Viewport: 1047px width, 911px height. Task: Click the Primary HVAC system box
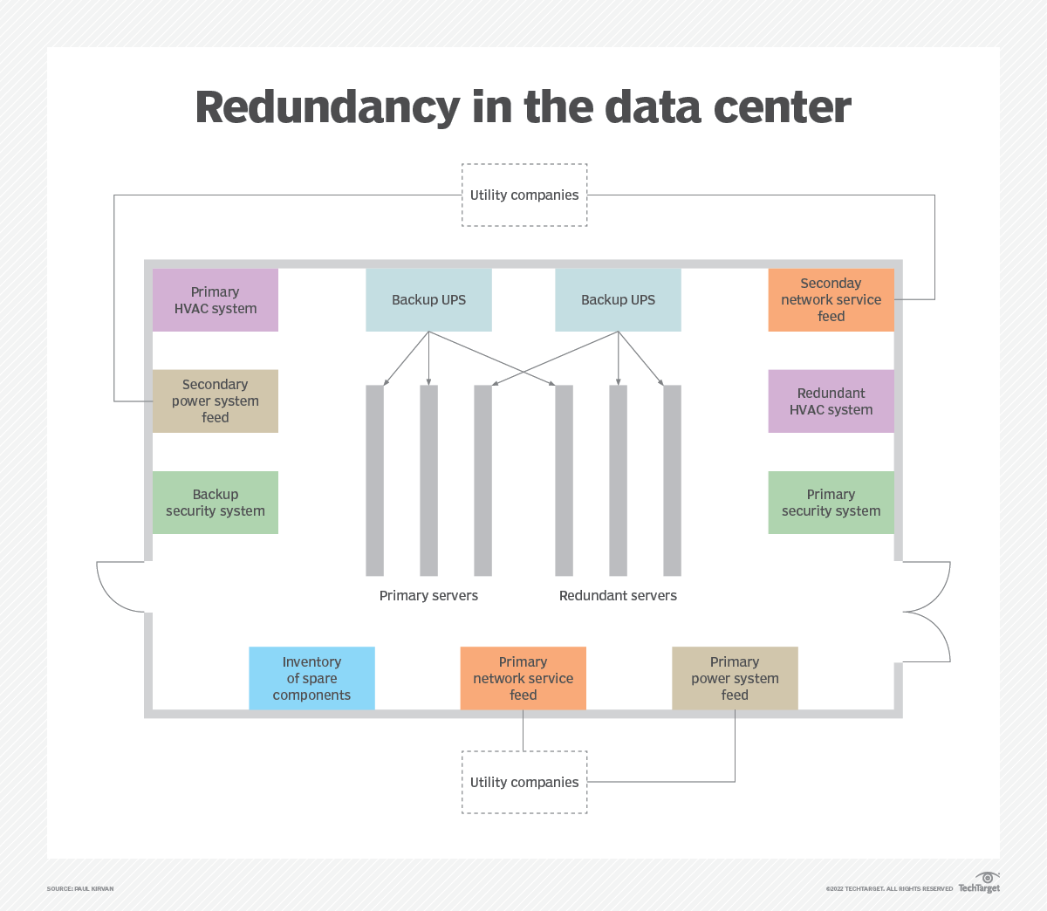[x=216, y=300]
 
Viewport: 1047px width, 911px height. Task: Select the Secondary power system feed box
[x=216, y=401]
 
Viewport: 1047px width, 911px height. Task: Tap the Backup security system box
[x=216, y=503]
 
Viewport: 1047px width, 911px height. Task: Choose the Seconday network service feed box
[x=831, y=300]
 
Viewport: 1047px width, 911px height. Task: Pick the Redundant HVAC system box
[x=831, y=401]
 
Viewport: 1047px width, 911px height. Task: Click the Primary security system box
[x=831, y=503]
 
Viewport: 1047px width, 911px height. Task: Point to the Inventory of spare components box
[x=311, y=678]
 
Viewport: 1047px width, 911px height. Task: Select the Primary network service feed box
[x=523, y=678]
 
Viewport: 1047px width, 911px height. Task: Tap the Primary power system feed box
[x=735, y=678]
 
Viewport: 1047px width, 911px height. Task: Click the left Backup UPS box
[x=428, y=300]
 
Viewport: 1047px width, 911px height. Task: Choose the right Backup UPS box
[x=618, y=300]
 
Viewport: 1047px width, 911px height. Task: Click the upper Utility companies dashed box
[x=524, y=195]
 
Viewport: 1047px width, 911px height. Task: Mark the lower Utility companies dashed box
[x=524, y=783]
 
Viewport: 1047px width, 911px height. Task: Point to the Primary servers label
[x=428, y=596]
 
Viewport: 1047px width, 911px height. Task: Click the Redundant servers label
[x=618, y=596]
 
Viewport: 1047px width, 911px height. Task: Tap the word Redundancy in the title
[x=327, y=108]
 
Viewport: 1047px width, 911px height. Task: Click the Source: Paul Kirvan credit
[x=80, y=889]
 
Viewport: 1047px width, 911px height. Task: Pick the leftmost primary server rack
[x=375, y=480]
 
